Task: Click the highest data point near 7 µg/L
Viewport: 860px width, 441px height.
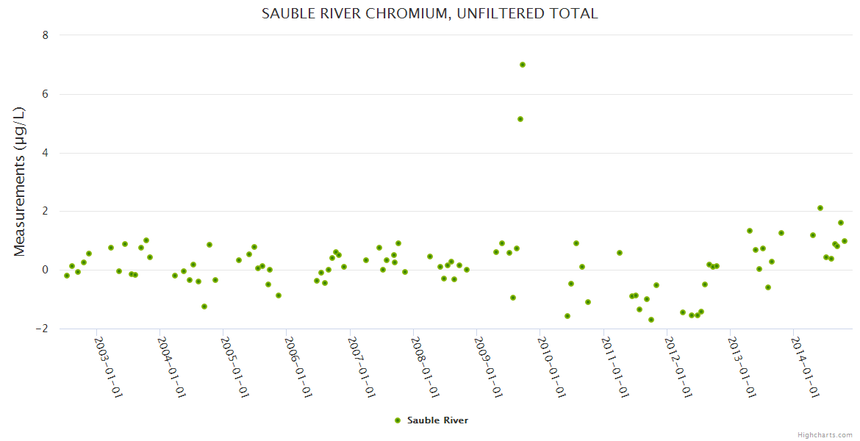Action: pyautogui.click(x=523, y=65)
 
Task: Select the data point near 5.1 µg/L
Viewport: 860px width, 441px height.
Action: pyautogui.click(x=520, y=119)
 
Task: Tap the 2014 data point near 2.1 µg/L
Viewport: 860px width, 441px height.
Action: pyautogui.click(x=820, y=208)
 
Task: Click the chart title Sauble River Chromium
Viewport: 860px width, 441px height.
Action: pyautogui.click(x=430, y=14)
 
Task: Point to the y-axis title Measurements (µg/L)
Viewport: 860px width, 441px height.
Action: pyautogui.click(x=20, y=182)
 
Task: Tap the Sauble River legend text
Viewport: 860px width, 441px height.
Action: pyautogui.click(x=437, y=420)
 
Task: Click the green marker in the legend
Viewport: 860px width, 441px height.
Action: pyautogui.click(x=398, y=420)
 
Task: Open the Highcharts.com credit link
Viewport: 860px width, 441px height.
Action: pyautogui.click(x=825, y=434)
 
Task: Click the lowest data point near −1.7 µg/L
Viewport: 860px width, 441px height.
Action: pyautogui.click(x=651, y=320)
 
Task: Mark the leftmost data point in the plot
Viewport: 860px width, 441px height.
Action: pyautogui.click(x=67, y=276)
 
